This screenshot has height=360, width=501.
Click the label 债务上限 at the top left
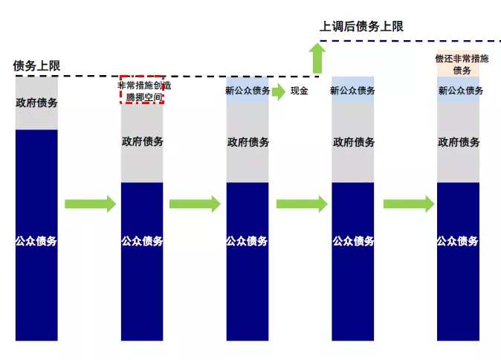[x=36, y=65]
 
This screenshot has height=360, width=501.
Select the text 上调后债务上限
[x=361, y=27]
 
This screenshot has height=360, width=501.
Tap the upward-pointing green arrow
[x=318, y=57]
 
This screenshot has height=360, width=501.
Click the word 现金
[x=299, y=91]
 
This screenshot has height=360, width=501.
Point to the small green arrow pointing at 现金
[x=278, y=91]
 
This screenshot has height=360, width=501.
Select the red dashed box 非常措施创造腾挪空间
[x=142, y=89]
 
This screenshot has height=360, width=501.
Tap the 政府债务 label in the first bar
[x=36, y=103]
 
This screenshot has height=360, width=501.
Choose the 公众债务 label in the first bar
[x=36, y=241]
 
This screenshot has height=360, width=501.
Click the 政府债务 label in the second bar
[x=142, y=141]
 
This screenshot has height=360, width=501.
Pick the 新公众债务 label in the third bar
[x=247, y=91]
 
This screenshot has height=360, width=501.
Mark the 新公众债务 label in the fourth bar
[x=352, y=91]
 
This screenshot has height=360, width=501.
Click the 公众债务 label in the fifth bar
[x=457, y=241]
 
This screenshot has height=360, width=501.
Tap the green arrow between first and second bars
[x=90, y=204]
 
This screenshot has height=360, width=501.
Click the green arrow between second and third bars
[x=195, y=204]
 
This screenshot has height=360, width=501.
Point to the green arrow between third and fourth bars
[x=301, y=204]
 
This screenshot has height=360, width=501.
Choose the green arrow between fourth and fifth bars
[x=407, y=204]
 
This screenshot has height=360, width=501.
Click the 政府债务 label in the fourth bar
[x=353, y=141]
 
